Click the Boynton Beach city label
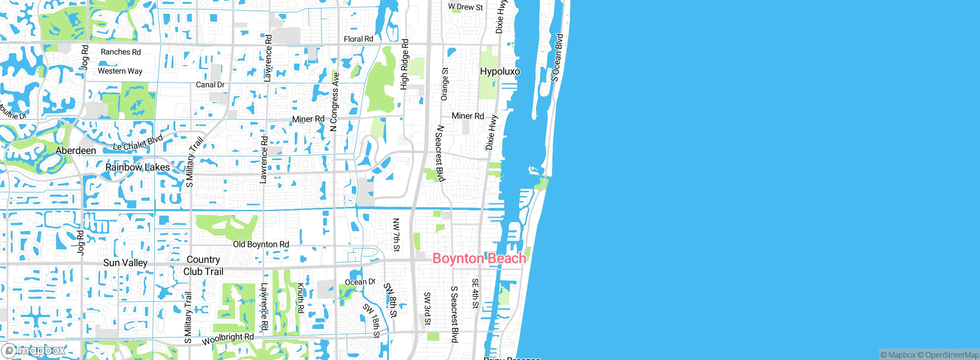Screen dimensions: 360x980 479,259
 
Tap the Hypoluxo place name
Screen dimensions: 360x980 500,72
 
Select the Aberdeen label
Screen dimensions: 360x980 76,151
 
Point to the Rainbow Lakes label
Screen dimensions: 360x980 137,167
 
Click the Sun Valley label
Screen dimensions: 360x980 125,263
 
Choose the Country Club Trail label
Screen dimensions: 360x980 203,265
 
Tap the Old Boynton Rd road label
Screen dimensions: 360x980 261,244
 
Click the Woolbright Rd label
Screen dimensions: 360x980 228,339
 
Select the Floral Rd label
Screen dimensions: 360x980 358,39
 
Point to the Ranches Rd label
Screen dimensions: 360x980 121,52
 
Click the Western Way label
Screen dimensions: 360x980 120,71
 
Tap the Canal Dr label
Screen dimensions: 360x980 210,85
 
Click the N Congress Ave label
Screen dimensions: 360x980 335,102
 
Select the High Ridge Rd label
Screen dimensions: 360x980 404,64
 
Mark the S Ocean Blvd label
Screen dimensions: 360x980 557,57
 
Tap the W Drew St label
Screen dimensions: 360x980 465,7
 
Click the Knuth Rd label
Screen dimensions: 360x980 301,298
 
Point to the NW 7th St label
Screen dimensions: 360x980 396,235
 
